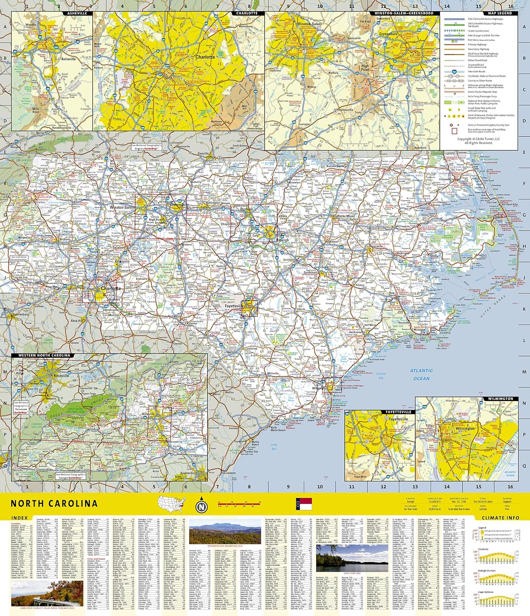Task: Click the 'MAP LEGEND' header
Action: point(500,13)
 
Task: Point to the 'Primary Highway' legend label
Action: point(477,44)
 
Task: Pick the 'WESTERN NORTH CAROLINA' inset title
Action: point(44,356)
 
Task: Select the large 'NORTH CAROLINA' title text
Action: point(54,504)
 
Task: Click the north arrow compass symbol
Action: point(201,506)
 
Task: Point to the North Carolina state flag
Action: point(303,503)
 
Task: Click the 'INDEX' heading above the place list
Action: point(20,518)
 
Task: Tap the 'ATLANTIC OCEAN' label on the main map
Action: point(421,375)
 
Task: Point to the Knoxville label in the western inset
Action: point(61,375)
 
